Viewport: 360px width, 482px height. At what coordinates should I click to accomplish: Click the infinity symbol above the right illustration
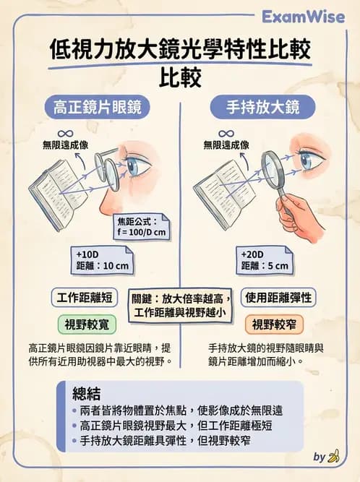[226, 134]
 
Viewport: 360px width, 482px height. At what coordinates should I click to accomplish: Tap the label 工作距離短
[84, 297]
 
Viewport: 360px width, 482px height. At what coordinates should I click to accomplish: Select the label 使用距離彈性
[278, 297]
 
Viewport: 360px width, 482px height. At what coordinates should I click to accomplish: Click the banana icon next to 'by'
[333, 457]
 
